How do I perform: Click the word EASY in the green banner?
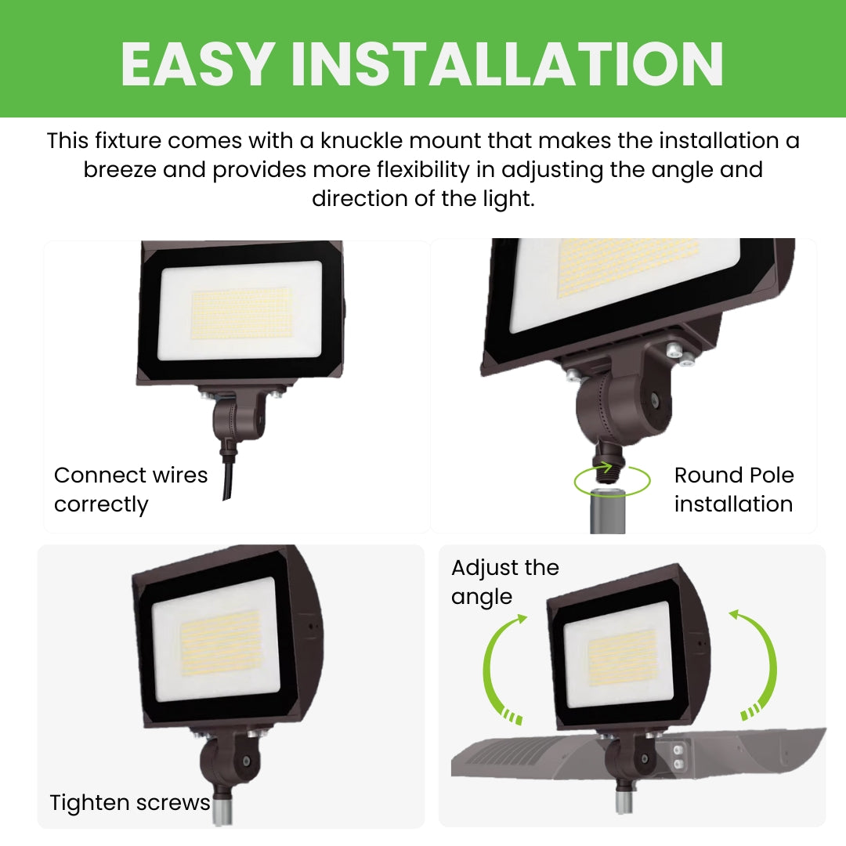point(197,63)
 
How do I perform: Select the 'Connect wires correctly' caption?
point(130,490)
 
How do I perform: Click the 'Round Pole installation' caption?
point(733,490)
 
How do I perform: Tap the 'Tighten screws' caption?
point(129,802)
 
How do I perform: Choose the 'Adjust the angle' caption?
point(504,582)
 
